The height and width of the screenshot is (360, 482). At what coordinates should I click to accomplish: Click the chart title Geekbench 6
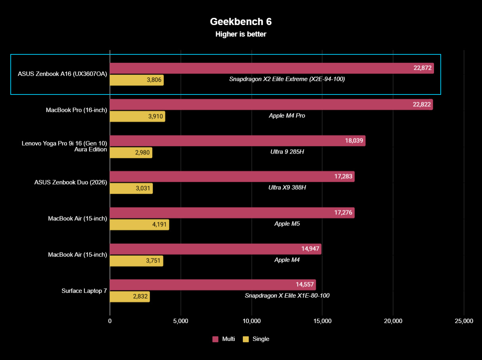[241, 21]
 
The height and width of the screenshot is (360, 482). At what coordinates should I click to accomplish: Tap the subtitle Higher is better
[241, 34]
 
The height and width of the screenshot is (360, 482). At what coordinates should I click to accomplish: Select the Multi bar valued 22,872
[271, 68]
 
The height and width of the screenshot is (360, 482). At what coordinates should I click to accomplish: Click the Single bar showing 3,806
[136, 80]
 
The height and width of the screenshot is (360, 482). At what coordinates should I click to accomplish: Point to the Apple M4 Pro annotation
[286, 116]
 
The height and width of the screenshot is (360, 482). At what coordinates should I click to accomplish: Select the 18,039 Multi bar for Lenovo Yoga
[237, 141]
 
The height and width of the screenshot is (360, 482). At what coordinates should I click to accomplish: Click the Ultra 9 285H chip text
[286, 152]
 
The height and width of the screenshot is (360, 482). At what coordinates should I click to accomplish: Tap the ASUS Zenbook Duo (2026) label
[71, 182]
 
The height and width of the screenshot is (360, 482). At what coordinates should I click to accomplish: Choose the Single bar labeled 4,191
[139, 225]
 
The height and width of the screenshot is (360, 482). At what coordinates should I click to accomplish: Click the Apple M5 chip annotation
[287, 223]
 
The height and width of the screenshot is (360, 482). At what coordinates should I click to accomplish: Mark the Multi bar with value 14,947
[215, 249]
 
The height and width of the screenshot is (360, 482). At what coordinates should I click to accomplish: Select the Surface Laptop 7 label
[84, 291]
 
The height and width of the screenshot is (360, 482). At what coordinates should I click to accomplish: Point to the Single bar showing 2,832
[129, 297]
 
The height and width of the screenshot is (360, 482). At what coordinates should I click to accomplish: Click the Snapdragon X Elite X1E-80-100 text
[287, 296]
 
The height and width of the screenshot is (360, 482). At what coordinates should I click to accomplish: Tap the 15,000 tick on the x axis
[322, 321]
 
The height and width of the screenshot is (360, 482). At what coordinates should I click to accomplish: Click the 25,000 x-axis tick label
[464, 321]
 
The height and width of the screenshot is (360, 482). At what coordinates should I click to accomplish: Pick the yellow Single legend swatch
[246, 339]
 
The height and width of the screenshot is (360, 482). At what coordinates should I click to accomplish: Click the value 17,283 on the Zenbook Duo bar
[344, 177]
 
